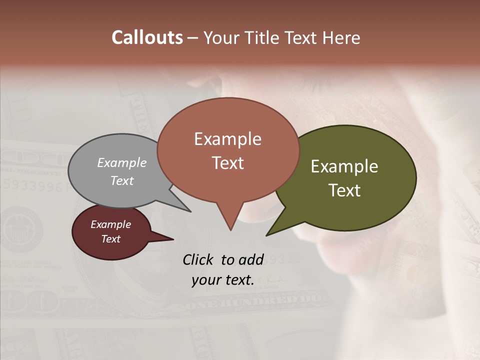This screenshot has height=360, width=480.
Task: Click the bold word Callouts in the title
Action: click(147, 37)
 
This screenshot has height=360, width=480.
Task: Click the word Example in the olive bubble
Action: click(344, 166)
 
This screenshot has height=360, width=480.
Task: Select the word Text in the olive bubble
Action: click(344, 190)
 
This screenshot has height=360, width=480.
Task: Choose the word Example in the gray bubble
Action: click(122, 162)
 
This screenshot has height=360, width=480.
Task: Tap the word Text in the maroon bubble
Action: click(111, 239)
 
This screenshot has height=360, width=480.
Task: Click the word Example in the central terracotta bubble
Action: click(227, 139)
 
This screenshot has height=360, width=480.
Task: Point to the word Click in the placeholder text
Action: click(198, 259)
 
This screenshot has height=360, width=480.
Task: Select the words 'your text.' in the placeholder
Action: click(222, 280)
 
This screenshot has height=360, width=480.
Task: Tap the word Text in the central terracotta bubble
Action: click(227, 163)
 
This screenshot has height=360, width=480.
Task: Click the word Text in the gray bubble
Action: click(122, 180)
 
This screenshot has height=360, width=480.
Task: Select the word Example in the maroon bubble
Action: click(111, 224)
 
